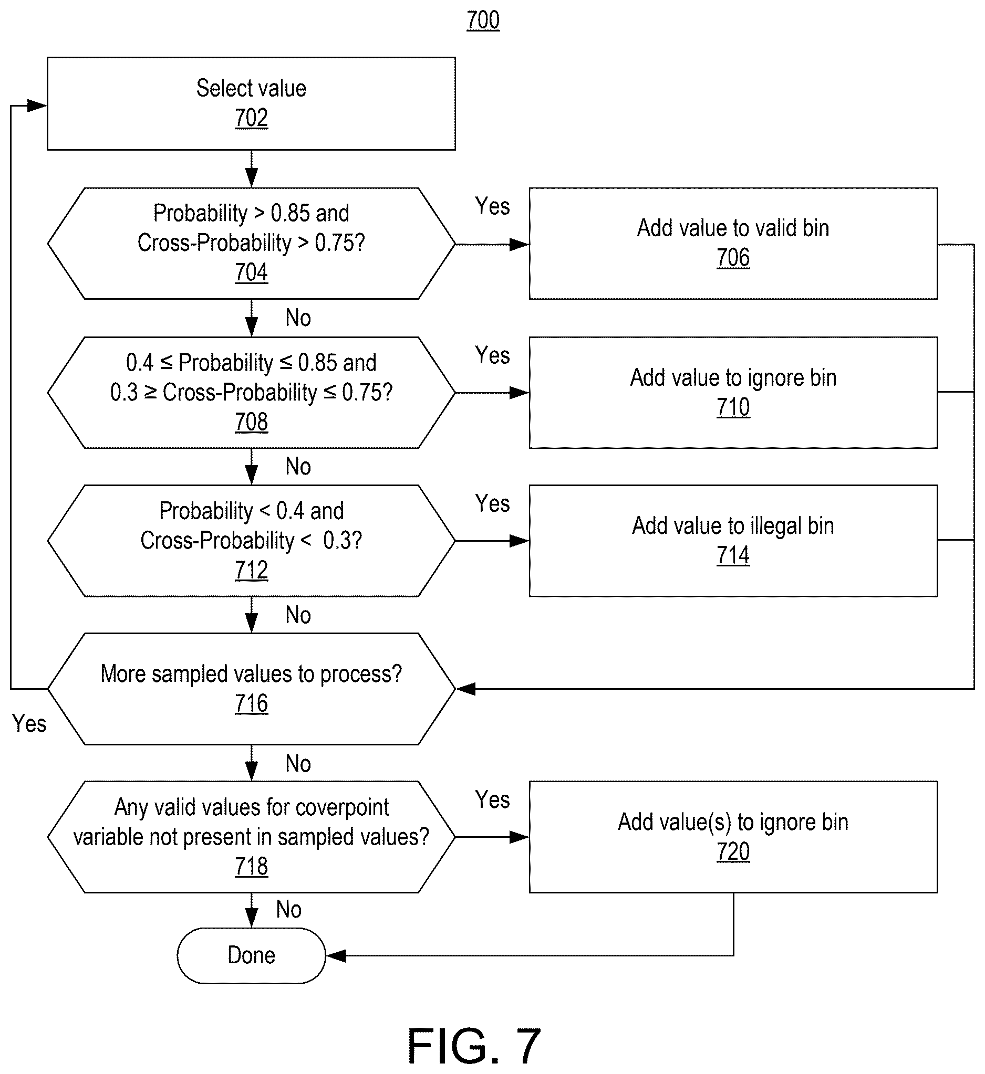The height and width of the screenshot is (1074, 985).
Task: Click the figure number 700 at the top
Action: coord(483,21)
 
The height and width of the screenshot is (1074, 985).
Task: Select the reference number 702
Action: coord(251,118)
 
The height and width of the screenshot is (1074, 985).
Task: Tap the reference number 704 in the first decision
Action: coord(251,272)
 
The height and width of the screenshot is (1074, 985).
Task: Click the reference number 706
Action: coord(733,258)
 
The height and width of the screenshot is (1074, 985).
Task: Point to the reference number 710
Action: coord(733,407)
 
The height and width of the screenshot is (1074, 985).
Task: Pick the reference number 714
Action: coord(733,556)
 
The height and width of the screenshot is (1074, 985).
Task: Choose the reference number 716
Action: coord(251,704)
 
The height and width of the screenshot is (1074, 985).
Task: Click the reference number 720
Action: coord(733,852)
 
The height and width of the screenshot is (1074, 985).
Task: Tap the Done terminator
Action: coord(251,956)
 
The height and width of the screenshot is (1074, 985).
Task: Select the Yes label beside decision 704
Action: coord(492,206)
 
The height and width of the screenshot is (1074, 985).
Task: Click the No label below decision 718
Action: coord(288,909)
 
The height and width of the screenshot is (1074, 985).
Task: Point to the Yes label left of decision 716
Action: coord(29,724)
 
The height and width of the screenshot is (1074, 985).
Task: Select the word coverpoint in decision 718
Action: coord(341,808)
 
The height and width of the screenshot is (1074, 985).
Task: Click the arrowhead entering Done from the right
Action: coord(336,956)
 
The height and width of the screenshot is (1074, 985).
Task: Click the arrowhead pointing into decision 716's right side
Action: coord(466,689)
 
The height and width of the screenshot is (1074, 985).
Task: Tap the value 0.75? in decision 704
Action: coord(339,243)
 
